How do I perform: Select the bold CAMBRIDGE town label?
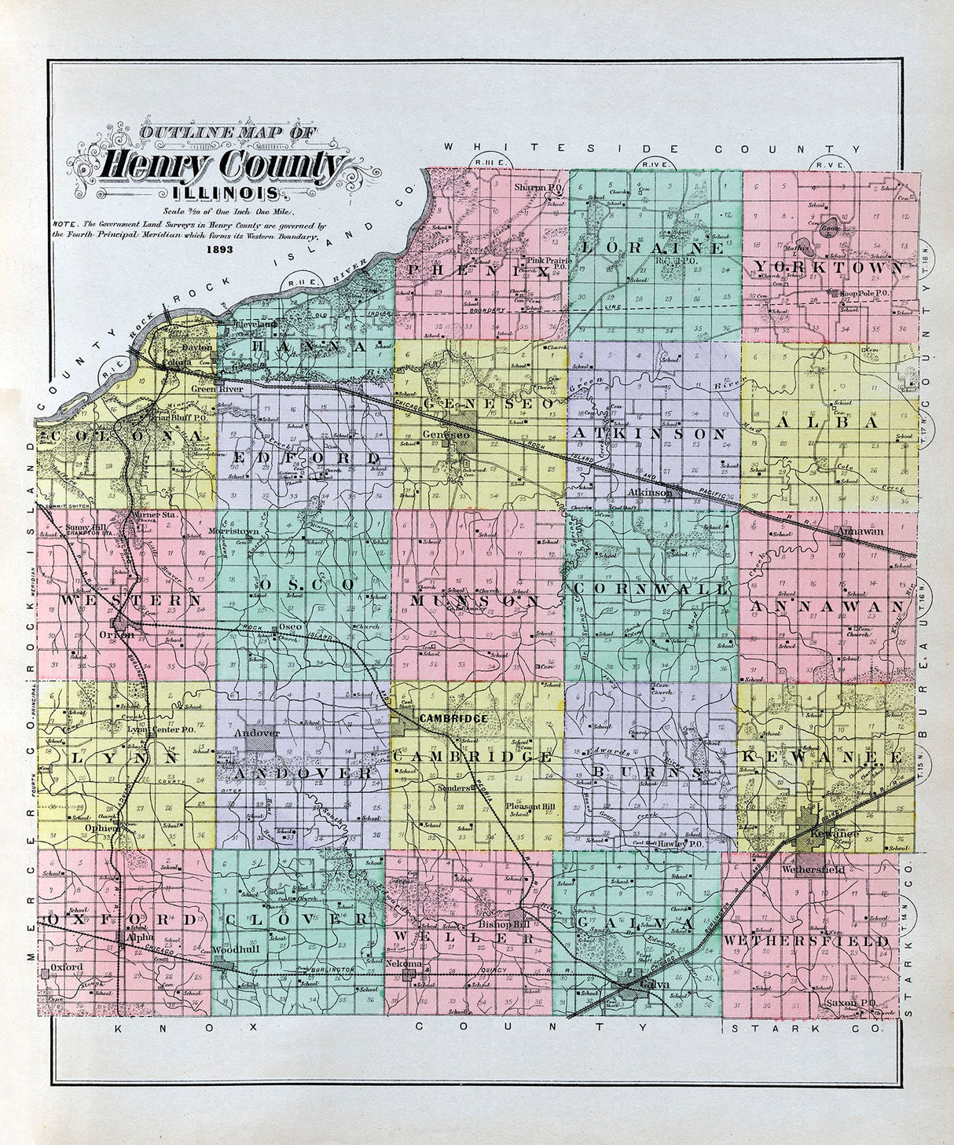click(453, 719)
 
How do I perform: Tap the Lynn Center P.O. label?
click(159, 728)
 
